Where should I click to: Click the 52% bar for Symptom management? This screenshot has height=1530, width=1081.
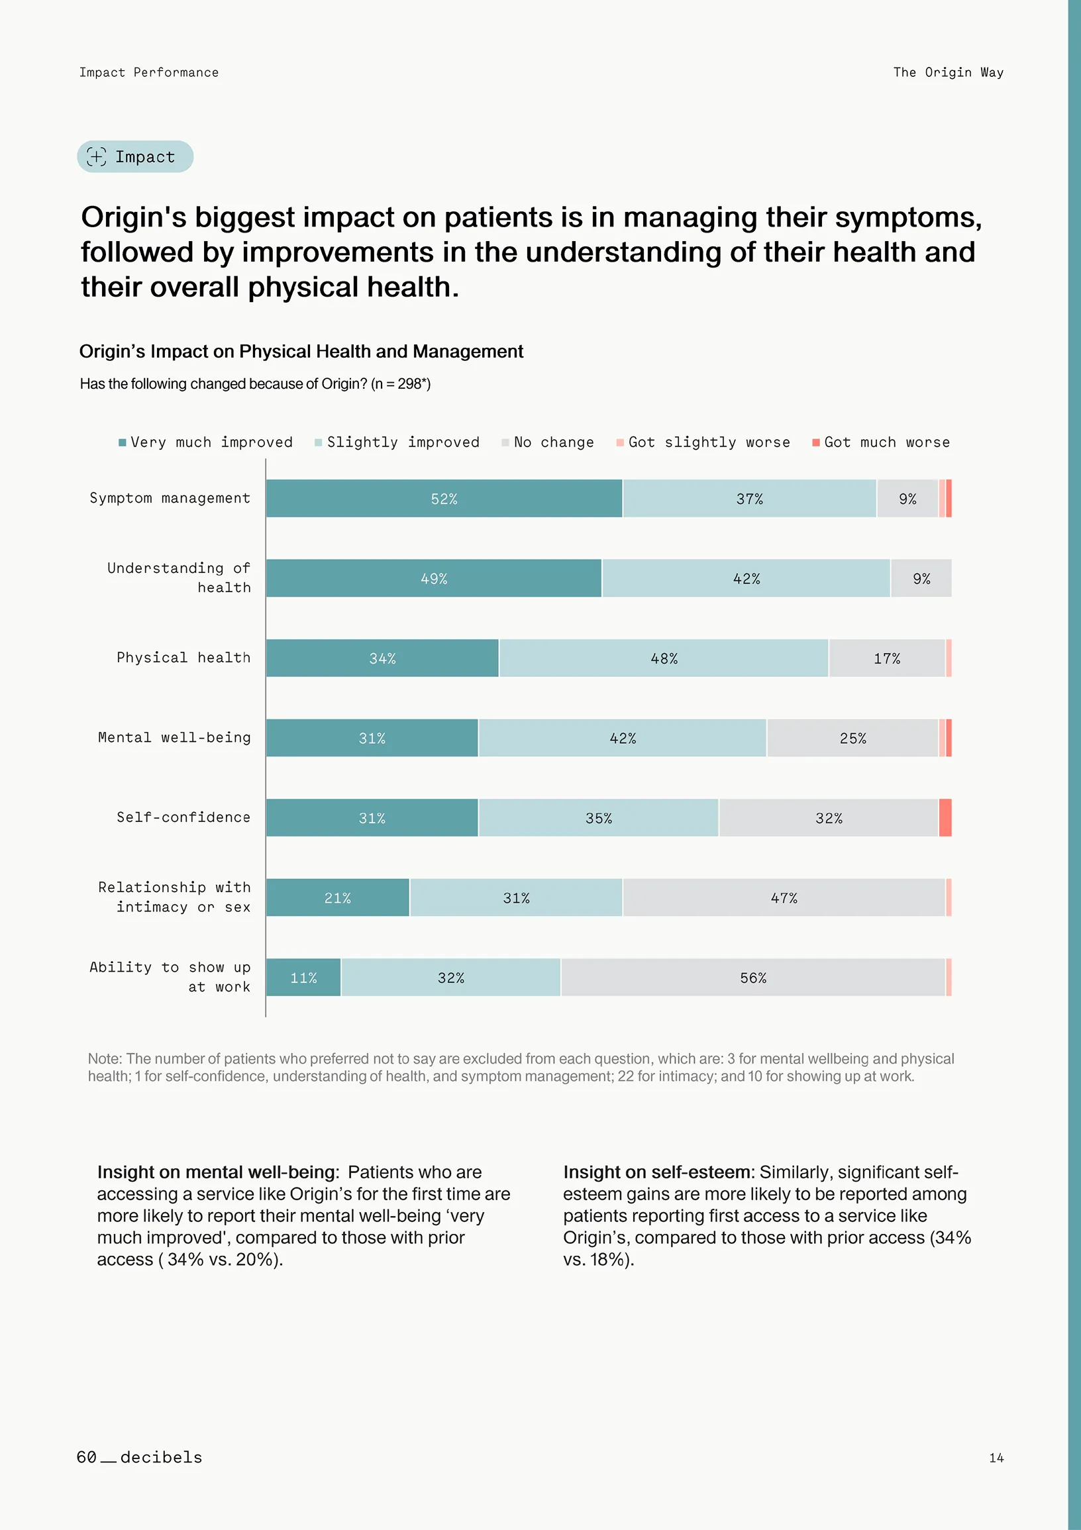click(x=444, y=499)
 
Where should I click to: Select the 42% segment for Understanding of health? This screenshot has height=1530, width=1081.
click(x=746, y=578)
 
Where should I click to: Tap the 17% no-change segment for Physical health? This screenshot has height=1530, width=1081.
click(x=887, y=658)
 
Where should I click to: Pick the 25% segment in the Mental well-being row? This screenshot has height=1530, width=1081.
click(x=852, y=739)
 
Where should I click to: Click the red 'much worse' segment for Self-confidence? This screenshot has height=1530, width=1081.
click(x=945, y=817)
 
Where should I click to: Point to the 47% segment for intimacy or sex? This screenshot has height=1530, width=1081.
click(x=784, y=897)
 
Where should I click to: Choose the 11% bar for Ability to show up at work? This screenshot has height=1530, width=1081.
click(x=303, y=978)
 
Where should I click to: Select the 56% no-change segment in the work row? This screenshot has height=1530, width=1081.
click(x=753, y=978)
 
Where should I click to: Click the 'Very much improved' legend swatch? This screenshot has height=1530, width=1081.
click(x=122, y=442)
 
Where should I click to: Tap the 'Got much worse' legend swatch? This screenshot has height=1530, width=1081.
click(x=816, y=442)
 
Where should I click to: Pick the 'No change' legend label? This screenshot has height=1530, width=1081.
click(x=554, y=442)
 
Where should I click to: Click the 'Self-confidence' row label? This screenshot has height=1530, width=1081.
click(x=183, y=817)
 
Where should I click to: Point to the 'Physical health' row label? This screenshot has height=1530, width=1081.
click(x=183, y=658)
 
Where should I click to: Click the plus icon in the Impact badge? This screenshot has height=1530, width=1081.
click(x=97, y=156)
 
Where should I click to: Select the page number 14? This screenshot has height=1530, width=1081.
click(x=996, y=1458)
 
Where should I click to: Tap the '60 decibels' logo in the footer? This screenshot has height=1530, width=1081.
click(x=139, y=1457)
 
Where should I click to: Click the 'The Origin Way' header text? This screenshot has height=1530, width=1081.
click(x=949, y=72)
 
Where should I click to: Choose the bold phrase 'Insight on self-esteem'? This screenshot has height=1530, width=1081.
click(x=656, y=1172)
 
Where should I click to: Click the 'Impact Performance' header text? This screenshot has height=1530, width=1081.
click(x=148, y=72)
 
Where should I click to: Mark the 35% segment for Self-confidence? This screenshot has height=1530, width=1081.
click(x=599, y=817)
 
